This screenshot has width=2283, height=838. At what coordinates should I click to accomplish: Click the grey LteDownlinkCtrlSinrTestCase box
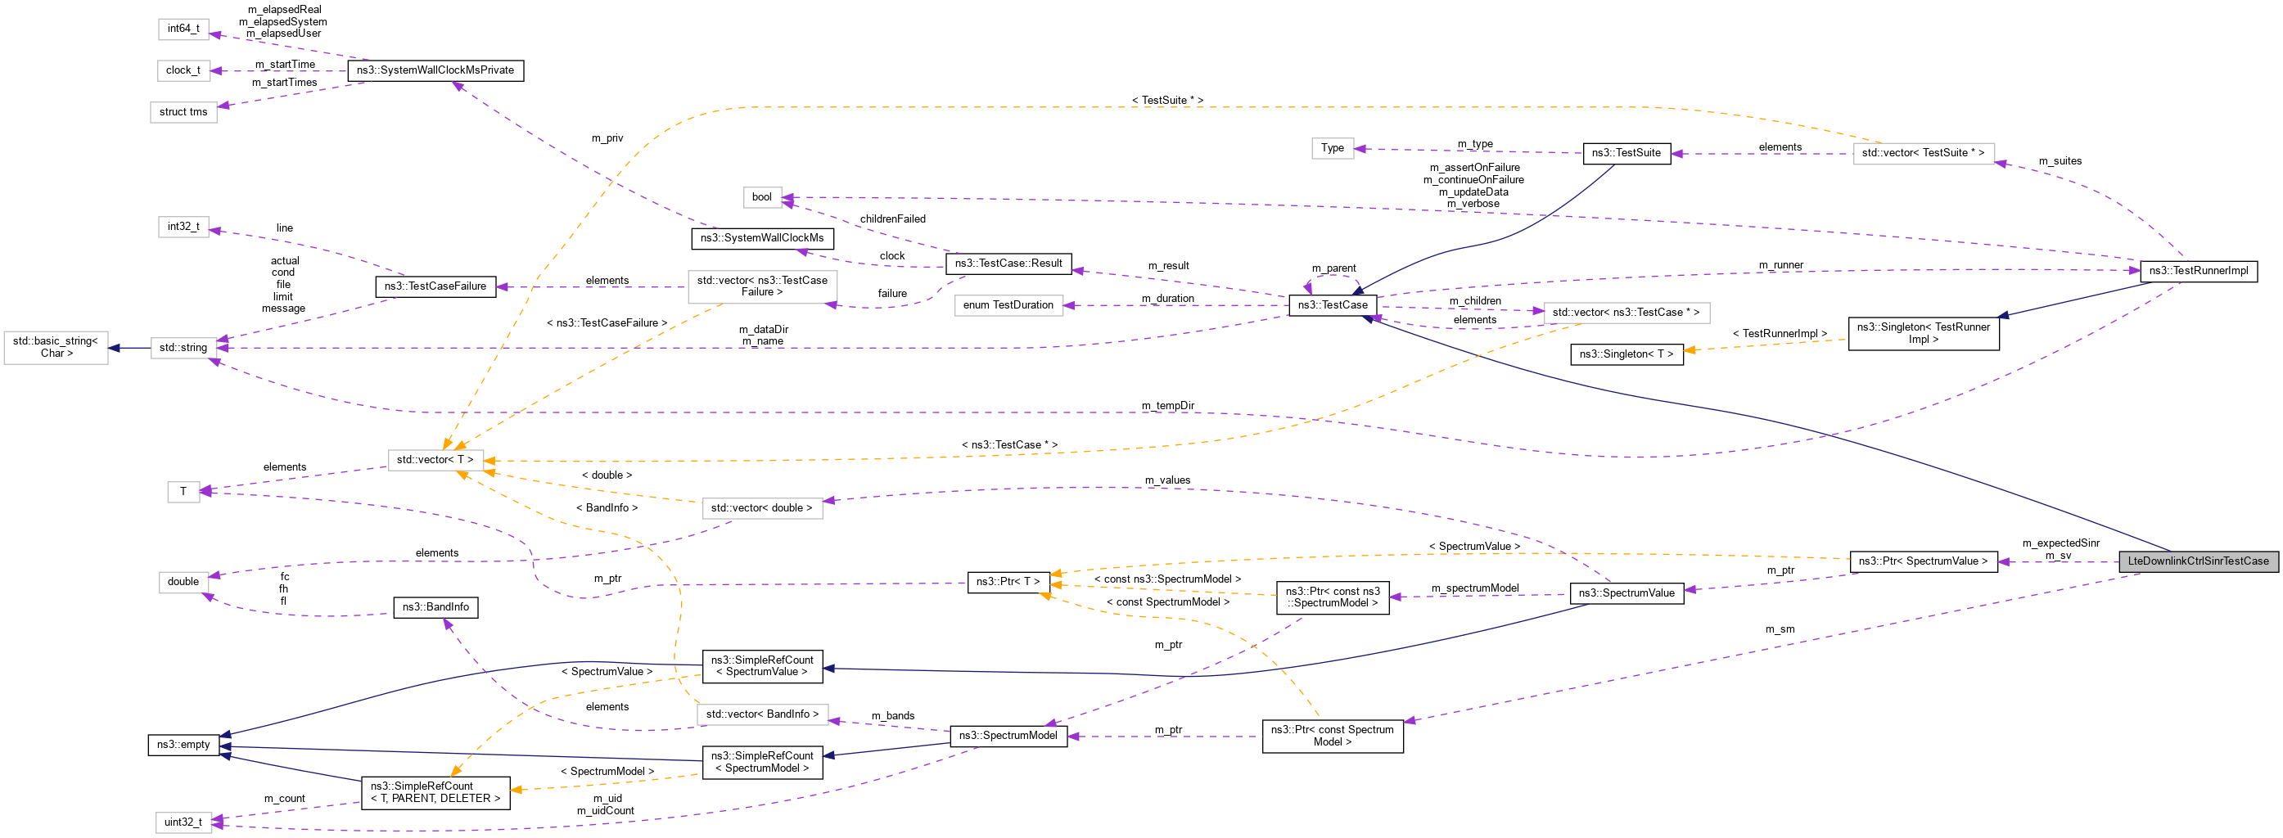[x=2197, y=561]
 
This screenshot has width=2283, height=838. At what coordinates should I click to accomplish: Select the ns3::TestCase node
[x=1332, y=304]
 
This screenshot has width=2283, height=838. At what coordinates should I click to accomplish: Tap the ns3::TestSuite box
[x=1626, y=152]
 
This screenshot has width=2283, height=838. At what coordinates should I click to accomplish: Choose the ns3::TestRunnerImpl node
[x=2198, y=271]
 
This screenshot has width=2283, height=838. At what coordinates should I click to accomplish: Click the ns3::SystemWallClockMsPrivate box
[x=435, y=70]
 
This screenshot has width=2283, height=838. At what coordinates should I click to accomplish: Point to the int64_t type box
[x=183, y=29]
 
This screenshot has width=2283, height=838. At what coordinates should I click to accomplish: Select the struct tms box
[x=183, y=111]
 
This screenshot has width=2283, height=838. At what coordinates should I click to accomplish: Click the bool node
[x=761, y=196]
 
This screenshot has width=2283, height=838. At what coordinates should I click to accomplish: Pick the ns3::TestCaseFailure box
[x=435, y=286]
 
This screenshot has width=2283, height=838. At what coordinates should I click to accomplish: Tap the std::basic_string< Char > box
[x=56, y=347]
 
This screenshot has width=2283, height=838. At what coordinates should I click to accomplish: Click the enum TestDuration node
[x=1008, y=304]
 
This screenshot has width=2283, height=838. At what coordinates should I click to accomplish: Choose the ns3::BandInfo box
[x=435, y=606]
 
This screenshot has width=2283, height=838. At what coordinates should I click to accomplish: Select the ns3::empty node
[x=183, y=745]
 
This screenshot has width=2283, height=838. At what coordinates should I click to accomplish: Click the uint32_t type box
[x=183, y=822]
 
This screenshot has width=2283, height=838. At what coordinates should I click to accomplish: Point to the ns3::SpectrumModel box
[x=1008, y=735]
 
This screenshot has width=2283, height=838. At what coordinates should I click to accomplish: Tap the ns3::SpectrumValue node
[x=1626, y=592]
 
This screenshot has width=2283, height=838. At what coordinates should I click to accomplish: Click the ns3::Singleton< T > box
[x=1626, y=354]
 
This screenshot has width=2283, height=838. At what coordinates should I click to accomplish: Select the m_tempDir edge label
[x=1167, y=406]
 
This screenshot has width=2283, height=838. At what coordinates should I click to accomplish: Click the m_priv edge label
[x=607, y=138]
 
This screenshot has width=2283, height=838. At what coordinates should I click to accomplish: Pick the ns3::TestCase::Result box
[x=1008, y=263]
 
